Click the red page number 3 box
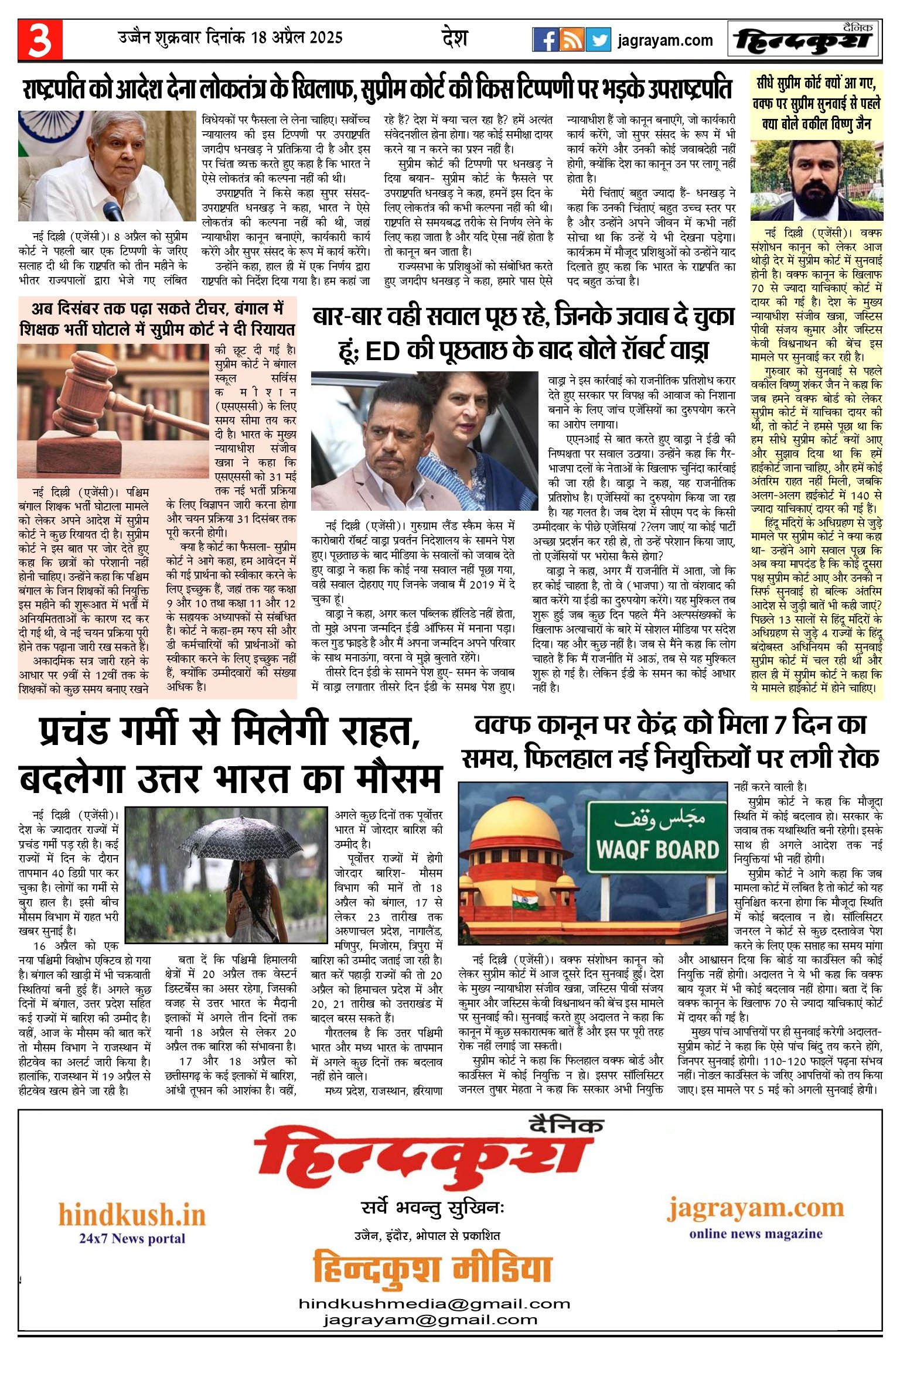40,39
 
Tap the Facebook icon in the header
545,40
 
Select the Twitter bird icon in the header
598,40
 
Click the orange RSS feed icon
571,40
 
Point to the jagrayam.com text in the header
665,40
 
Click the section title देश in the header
455,38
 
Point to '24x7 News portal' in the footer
132,1238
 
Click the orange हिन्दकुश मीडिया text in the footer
432,1267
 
